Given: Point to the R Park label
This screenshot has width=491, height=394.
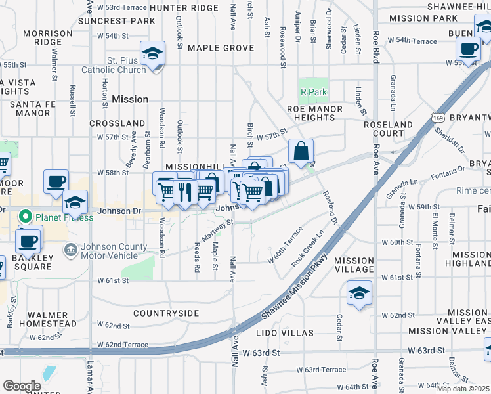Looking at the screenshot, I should coord(313,92).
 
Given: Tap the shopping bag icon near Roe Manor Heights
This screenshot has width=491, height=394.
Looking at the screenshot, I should coord(301,151).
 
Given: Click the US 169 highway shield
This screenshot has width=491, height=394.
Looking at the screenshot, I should coord(437,117).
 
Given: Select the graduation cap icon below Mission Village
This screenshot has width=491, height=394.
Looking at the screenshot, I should coord(359,293).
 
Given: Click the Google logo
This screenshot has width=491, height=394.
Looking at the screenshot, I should coord(22,385).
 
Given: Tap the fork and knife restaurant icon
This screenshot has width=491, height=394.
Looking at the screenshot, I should coord(184,191).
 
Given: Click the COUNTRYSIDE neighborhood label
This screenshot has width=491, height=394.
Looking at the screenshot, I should coord(165,313).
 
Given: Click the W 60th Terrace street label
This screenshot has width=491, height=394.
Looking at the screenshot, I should coord(285,246).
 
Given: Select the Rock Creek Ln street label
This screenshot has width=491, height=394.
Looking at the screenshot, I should coord(309,248).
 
